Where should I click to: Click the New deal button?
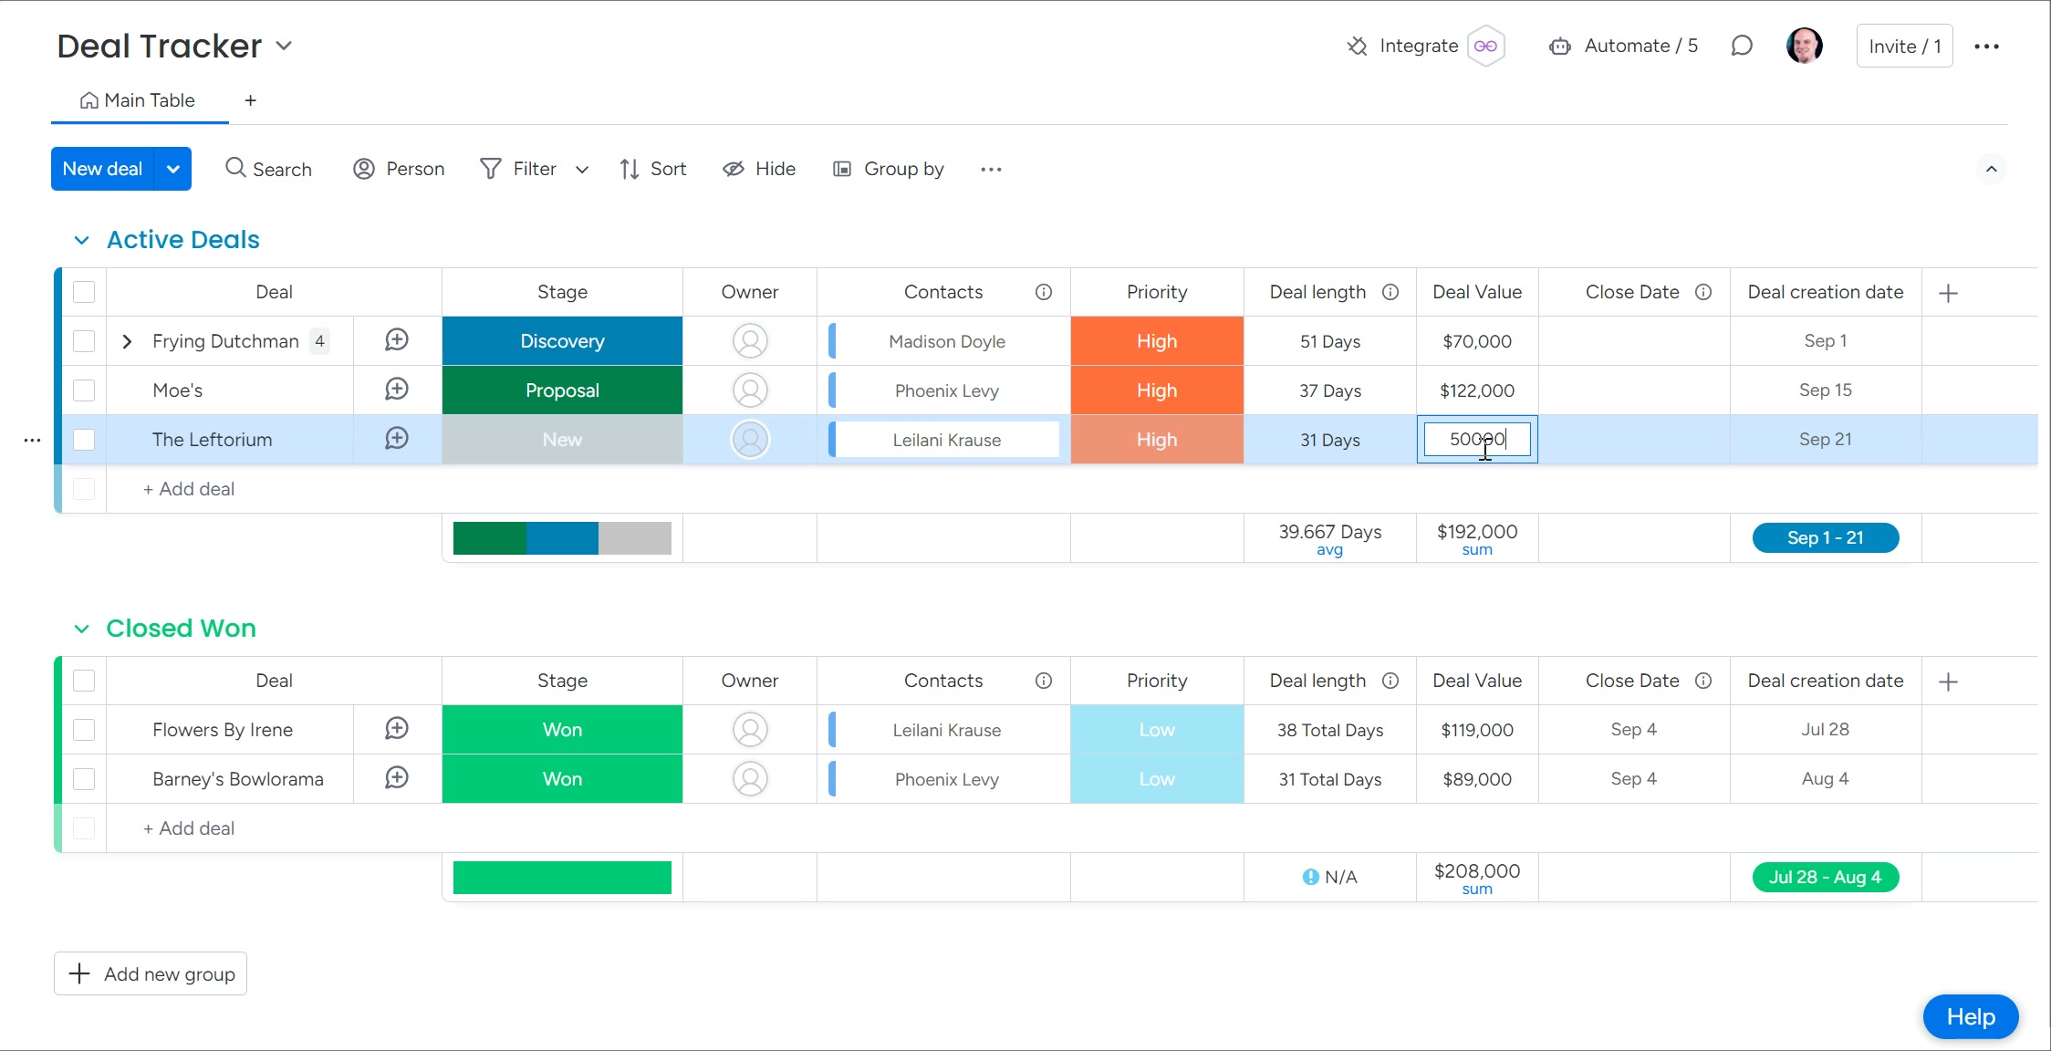point(102,169)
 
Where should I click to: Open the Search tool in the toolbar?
point(268,169)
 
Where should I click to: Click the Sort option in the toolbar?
point(652,169)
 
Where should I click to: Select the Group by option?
point(888,169)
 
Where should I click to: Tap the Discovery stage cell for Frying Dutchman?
point(562,341)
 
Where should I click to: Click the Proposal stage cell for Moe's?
point(562,390)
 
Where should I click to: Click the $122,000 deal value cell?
point(1476,390)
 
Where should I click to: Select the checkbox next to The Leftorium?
point(84,440)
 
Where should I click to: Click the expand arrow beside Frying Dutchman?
point(127,341)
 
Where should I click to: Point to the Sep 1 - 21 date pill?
point(1825,537)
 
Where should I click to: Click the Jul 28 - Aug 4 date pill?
point(1825,877)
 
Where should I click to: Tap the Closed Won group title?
point(181,629)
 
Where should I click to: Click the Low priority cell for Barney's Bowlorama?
point(1156,779)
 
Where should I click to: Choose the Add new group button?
point(151,973)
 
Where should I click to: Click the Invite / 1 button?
point(1904,47)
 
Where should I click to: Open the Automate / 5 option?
point(1623,47)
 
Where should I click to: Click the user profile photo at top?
point(1804,46)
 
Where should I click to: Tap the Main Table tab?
point(139,100)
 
